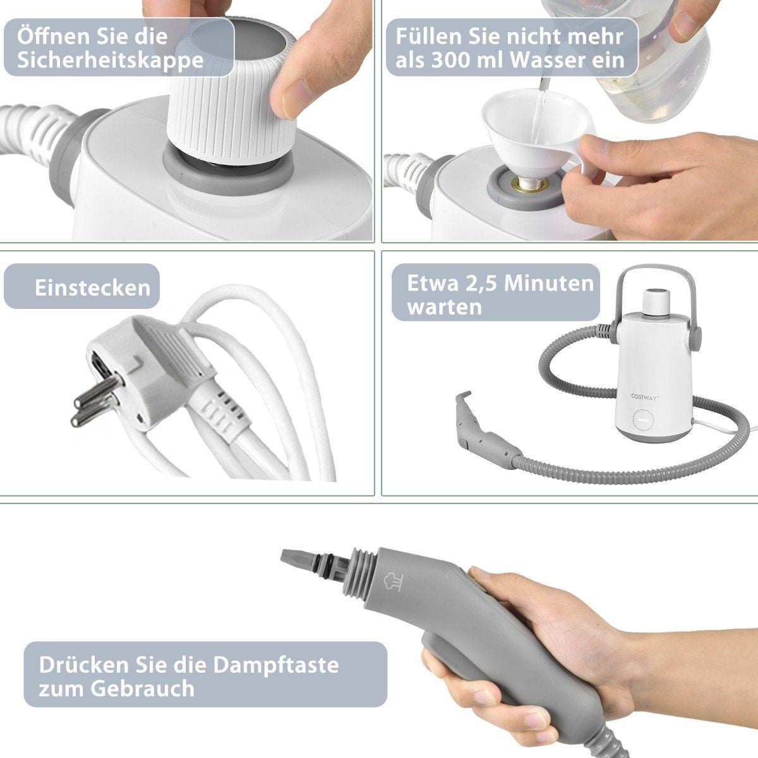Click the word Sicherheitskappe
click(110, 61)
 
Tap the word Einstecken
click(93, 287)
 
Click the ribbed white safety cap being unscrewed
click(232, 90)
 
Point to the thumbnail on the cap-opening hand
click(295, 99)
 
